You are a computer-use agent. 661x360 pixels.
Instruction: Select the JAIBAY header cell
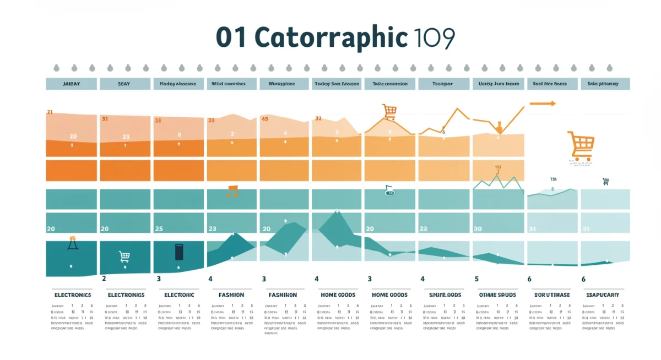71,84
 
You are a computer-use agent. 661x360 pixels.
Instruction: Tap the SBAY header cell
124,84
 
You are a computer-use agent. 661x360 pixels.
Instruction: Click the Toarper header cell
443,84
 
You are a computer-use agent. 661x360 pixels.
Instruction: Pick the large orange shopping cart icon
582,145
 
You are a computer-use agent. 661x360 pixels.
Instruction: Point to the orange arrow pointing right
543,103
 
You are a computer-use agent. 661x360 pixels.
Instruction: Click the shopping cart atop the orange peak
389,112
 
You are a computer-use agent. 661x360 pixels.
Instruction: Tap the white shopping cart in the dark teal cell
124,256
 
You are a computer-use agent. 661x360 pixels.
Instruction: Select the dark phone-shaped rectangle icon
178,252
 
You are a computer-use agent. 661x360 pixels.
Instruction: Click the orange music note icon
232,191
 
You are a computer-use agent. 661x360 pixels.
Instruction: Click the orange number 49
264,119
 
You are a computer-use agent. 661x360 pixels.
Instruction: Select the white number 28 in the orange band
126,137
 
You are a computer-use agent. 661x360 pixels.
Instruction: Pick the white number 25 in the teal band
159,228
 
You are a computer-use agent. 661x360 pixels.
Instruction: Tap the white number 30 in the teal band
478,228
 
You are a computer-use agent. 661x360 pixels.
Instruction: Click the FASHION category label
231,295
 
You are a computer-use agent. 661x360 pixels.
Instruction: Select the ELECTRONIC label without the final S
179,295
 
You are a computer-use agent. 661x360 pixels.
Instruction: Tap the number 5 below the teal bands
476,279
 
